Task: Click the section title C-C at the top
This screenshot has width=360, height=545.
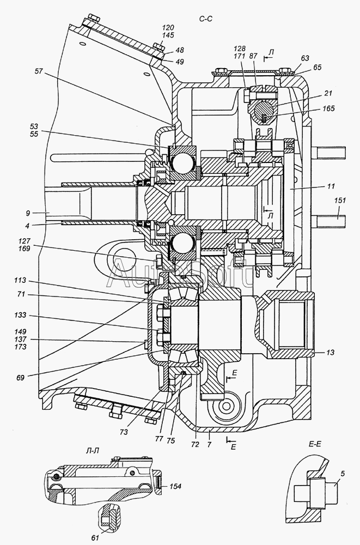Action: point(206,19)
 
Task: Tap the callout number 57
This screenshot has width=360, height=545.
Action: point(39,71)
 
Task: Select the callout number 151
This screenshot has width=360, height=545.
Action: point(340,200)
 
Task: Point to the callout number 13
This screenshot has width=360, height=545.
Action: point(331,353)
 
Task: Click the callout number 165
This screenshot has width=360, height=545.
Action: point(328,108)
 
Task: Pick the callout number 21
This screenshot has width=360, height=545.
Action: point(328,93)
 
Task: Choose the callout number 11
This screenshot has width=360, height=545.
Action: point(331,186)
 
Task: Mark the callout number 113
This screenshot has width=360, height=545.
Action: point(21,281)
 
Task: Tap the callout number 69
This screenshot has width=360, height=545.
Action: point(21,378)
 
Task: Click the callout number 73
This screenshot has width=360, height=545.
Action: point(124,432)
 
